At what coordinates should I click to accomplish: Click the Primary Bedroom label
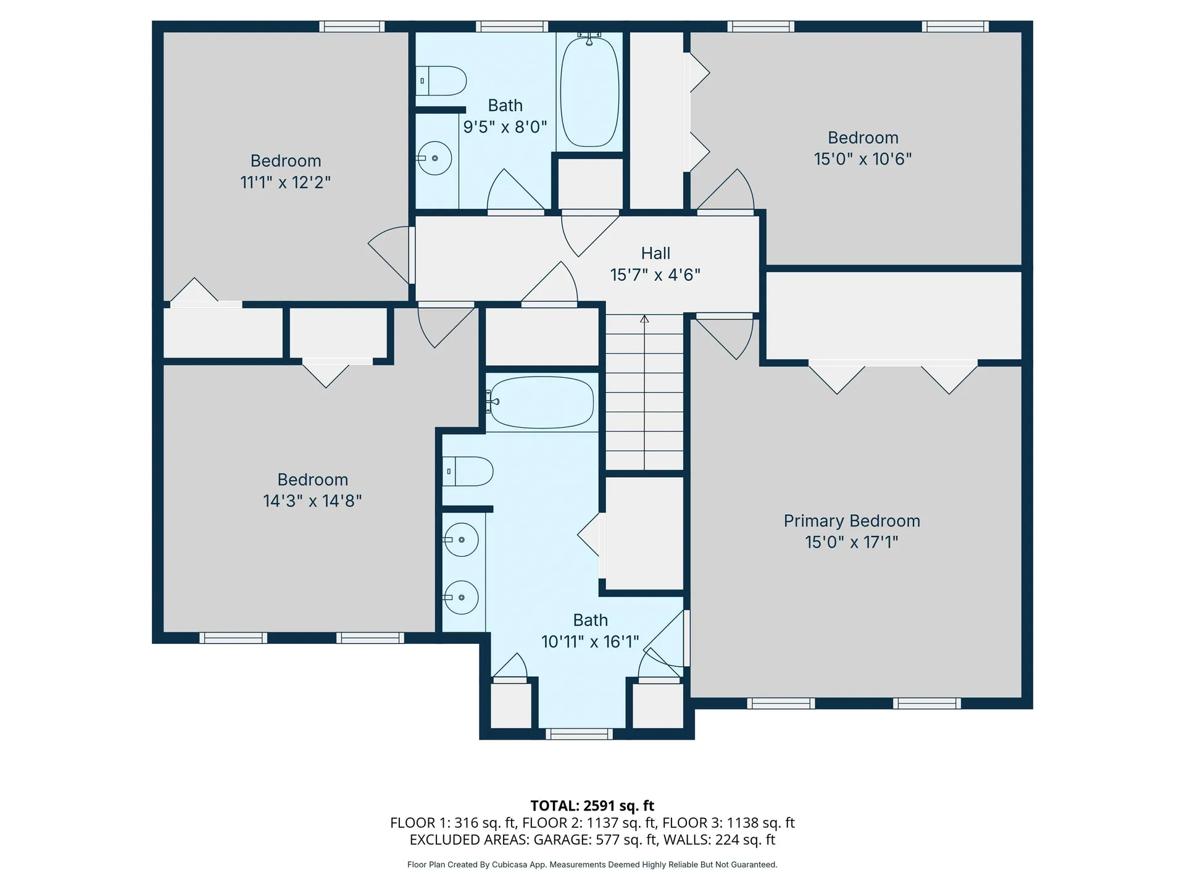pyautogui.click(x=852, y=521)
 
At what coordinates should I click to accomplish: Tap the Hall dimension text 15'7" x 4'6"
pyautogui.click(x=655, y=275)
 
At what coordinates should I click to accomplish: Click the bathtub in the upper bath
pyautogui.click(x=589, y=93)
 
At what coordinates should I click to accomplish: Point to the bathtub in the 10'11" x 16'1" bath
pyautogui.click(x=542, y=403)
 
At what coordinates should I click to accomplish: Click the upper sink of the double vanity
pyautogui.click(x=461, y=540)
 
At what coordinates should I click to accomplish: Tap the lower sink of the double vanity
pyautogui.click(x=461, y=597)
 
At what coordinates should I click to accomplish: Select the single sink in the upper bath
pyautogui.click(x=435, y=158)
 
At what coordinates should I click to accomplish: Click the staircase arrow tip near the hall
pyautogui.click(x=644, y=319)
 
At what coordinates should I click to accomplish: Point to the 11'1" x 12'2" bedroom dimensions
pyautogui.click(x=285, y=183)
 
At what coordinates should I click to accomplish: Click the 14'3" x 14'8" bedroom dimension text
pyautogui.click(x=312, y=501)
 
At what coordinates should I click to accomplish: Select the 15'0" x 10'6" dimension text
pyautogui.click(x=862, y=159)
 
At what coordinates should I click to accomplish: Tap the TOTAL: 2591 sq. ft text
pyautogui.click(x=592, y=806)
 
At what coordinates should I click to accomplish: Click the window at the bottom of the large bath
pyautogui.click(x=579, y=733)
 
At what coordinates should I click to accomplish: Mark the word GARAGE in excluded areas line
pyautogui.click(x=561, y=840)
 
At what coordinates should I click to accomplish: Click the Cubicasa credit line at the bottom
pyautogui.click(x=592, y=865)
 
